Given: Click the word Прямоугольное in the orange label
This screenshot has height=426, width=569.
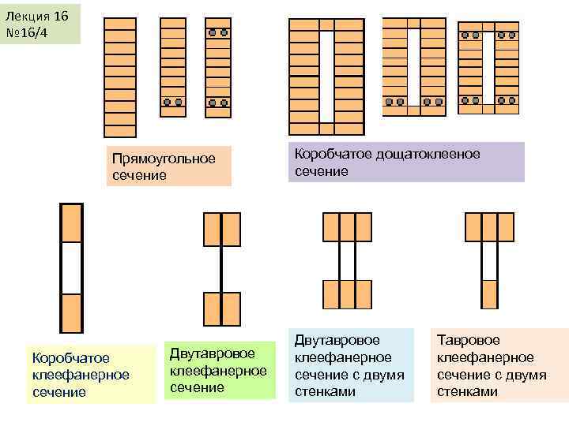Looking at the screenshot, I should (164, 159).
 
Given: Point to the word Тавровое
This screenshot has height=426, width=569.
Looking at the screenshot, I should (469, 340).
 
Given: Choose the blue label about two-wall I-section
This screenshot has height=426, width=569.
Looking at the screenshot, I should (349, 365).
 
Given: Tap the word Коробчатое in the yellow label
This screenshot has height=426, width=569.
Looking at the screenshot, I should (70, 358).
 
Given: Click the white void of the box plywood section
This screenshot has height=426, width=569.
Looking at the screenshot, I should (72, 267).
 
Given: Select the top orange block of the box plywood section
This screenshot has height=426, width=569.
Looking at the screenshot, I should (72, 223).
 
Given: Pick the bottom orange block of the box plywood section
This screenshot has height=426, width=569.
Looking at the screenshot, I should (72, 312).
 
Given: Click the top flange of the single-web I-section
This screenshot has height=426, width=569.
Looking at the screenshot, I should (221, 229).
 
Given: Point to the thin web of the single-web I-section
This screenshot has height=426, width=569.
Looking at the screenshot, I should (221, 268).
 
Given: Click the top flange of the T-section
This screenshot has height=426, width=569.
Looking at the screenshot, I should (490, 226).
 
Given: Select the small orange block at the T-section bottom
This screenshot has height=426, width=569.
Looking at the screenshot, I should (490, 291).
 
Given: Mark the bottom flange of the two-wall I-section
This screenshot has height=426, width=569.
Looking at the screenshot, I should (347, 293).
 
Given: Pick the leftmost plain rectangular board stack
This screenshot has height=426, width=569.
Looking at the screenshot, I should (120, 77).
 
